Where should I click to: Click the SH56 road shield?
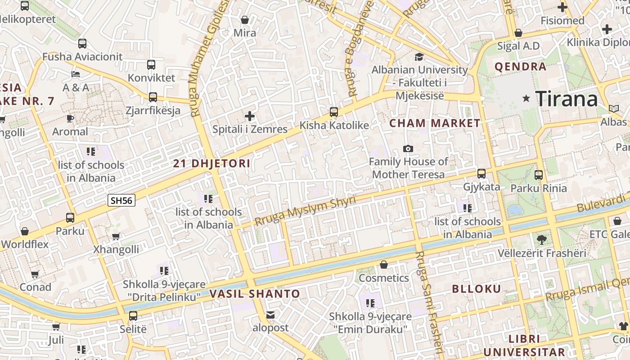(x=121, y=200)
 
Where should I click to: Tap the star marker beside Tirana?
(x=526, y=98)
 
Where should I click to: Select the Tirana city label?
(x=567, y=99)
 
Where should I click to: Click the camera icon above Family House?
(x=408, y=148)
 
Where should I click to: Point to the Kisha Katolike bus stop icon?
(x=334, y=112)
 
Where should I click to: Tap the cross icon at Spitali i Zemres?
(x=250, y=116)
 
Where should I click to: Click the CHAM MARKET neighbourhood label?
(x=435, y=123)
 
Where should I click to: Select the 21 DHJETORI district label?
(x=211, y=163)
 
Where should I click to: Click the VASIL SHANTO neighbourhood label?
(x=255, y=294)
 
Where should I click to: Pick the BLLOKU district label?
(x=476, y=289)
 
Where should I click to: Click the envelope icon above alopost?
(x=270, y=315)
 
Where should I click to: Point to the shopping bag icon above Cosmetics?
(x=384, y=265)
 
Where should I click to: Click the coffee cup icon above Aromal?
(x=70, y=119)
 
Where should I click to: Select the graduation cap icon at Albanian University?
(x=419, y=57)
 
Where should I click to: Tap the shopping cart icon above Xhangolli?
(x=116, y=236)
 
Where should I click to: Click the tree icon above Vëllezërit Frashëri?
(x=542, y=240)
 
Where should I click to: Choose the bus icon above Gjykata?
(x=481, y=174)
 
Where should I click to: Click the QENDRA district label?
(x=520, y=67)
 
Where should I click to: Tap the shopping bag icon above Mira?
(x=245, y=20)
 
